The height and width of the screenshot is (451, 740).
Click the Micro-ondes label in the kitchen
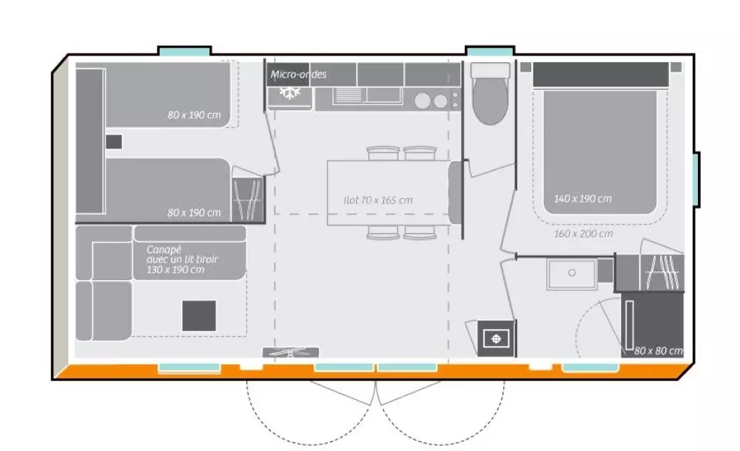pyautogui.click(x=298, y=74)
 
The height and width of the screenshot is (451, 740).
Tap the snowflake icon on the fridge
pyautogui.click(x=289, y=92)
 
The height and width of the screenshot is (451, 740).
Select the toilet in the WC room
pyautogui.click(x=491, y=93)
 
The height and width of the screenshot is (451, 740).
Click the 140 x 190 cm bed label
pyautogui.click(x=583, y=199)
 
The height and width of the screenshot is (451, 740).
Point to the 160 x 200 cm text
pyautogui.click(x=583, y=234)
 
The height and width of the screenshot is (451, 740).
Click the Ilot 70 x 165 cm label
pyautogui.click(x=378, y=200)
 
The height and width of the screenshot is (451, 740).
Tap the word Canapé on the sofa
pyautogui.click(x=164, y=250)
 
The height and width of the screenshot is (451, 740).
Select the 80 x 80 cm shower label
pyautogui.click(x=659, y=350)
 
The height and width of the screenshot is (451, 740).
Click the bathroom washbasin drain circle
pyautogui.click(x=572, y=273)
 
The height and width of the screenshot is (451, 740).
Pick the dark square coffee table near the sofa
pyautogui.click(x=199, y=316)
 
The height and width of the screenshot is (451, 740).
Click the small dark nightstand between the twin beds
pyautogui.click(x=114, y=142)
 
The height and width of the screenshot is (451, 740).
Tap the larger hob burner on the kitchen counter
pyautogui.click(x=423, y=101)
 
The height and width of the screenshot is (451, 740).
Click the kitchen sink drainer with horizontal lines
pyautogui.click(x=349, y=95)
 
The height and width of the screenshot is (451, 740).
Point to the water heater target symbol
pyautogui.click(x=496, y=339)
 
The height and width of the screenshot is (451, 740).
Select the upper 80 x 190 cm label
pyautogui.click(x=194, y=115)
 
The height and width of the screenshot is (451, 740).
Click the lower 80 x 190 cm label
pyautogui.click(x=194, y=213)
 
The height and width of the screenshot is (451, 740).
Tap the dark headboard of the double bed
pyautogui.click(x=601, y=75)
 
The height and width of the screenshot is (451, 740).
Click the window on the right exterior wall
pyautogui.click(x=696, y=179)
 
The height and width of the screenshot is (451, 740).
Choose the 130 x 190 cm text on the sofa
pyautogui.click(x=175, y=270)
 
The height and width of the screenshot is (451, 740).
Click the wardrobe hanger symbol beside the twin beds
pyautogui.click(x=248, y=199)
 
